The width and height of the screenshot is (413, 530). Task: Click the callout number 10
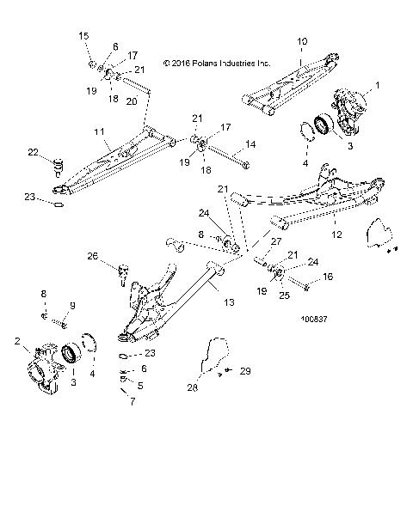tap(301, 40)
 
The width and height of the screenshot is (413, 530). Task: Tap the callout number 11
tap(99, 133)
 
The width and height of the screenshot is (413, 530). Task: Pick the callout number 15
tap(84, 35)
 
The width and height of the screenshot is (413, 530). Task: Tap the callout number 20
tap(131, 101)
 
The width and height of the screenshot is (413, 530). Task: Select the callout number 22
tap(34, 152)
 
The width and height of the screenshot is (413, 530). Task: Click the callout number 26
tap(92, 255)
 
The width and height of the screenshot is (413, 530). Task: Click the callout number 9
tap(72, 306)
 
